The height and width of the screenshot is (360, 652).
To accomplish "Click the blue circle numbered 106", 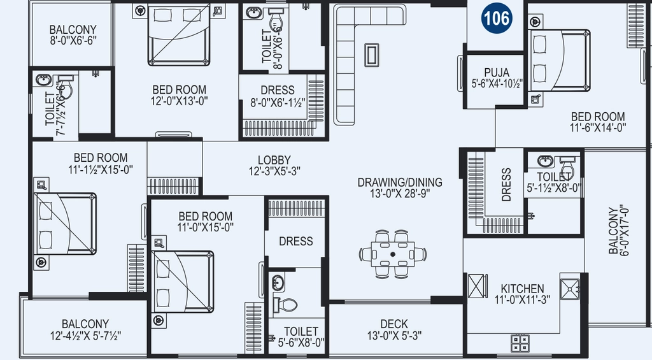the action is point(497,18).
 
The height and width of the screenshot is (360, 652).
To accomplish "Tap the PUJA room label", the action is point(497,73).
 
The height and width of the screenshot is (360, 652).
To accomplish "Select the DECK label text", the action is point(393,324).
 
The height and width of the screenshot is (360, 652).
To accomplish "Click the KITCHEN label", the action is point(522,289).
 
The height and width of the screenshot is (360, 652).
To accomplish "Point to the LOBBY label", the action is point(274,160).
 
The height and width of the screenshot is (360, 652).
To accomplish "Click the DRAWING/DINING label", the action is point(400,182).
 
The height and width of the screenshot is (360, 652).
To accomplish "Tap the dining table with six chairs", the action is point(393,254).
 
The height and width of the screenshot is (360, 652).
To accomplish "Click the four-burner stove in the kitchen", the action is point(520,344).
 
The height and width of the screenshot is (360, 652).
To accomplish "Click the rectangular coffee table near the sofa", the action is point(371,55).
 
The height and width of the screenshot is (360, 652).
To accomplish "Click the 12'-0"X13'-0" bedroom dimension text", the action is point(179,101).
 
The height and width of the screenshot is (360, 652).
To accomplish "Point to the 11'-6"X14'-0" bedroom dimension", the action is point(598,127).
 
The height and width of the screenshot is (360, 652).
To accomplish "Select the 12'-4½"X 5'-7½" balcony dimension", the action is point(85,335).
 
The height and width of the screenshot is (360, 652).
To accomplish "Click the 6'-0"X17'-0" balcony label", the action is point(618,229).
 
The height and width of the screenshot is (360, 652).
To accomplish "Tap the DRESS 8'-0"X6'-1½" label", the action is point(278,96).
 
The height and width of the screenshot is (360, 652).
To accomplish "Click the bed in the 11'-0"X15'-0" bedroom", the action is point(183,282).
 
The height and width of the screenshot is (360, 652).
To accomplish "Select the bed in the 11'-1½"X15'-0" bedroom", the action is point(65,224).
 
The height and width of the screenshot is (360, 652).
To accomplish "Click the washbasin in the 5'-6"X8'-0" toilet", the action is point(278,283).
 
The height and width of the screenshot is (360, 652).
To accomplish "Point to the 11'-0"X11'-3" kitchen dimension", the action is point(522,299).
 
